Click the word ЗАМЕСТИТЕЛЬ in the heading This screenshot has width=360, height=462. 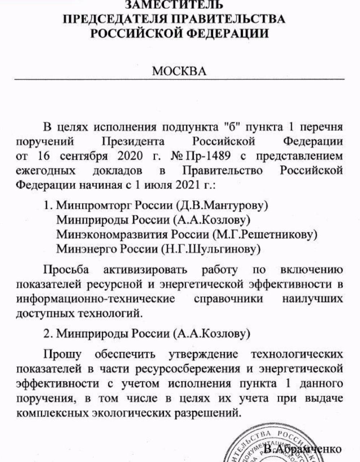(174, 5)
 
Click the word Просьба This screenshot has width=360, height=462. (66, 270)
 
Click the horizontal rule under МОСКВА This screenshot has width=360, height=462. (180, 79)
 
